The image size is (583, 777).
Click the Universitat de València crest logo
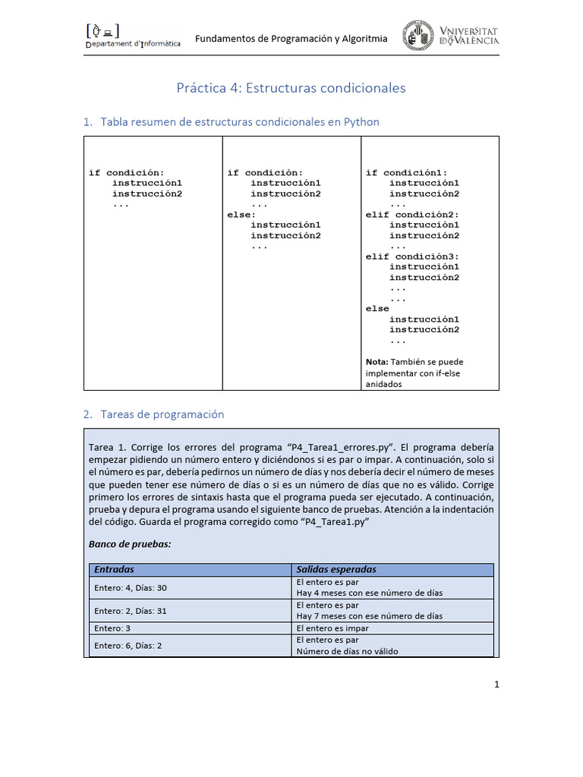click(x=418, y=36)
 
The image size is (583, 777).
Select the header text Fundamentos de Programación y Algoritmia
click(x=291, y=39)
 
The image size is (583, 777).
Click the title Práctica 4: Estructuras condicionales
click(x=291, y=88)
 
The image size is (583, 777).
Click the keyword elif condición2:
click(x=412, y=215)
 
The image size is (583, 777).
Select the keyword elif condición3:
click(x=412, y=256)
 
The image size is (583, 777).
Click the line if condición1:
click(x=406, y=172)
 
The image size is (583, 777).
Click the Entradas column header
click(x=114, y=569)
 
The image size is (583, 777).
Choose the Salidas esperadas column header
click(x=336, y=569)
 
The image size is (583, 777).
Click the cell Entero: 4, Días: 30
click(x=131, y=587)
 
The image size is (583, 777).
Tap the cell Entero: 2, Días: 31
click(x=131, y=610)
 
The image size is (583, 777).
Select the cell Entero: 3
click(x=113, y=628)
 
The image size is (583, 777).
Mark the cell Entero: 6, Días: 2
click(x=128, y=645)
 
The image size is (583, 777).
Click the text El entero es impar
click(x=332, y=628)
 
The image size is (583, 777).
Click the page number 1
click(x=497, y=684)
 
